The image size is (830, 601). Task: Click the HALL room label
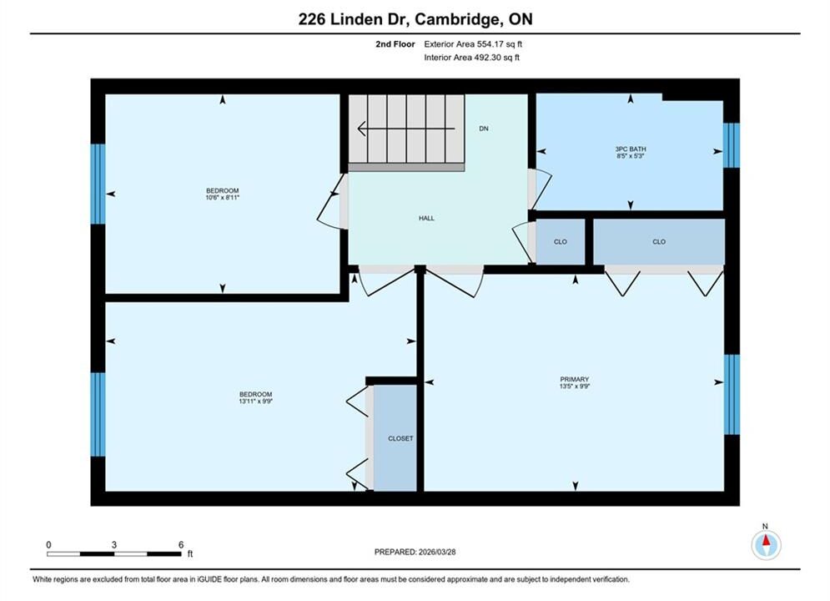coord(426,218)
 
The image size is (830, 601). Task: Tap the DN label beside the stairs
coord(483,129)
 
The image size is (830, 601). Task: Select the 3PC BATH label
coord(631,149)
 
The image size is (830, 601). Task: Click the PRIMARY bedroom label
coord(575,379)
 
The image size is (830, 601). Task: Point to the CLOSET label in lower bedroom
coord(400,438)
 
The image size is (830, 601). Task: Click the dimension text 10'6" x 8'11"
coord(223,198)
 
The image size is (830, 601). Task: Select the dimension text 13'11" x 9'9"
coord(255,402)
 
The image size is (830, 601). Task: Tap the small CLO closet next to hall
coord(560,241)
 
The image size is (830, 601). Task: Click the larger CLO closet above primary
coord(658,241)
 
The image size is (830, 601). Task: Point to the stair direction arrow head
coord(361,129)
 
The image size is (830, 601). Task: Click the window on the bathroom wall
coord(731,145)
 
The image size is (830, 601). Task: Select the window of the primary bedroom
coord(732,395)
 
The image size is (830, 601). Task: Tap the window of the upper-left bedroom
coord(98,184)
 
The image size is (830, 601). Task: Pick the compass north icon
coord(766,543)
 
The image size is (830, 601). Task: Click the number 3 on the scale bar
coord(113,544)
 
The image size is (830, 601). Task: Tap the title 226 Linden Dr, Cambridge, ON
coord(415,19)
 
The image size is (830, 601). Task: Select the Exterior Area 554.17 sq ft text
coord(473,44)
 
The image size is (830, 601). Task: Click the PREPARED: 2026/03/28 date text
coord(415,552)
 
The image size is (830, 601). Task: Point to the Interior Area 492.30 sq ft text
coord(471,58)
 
